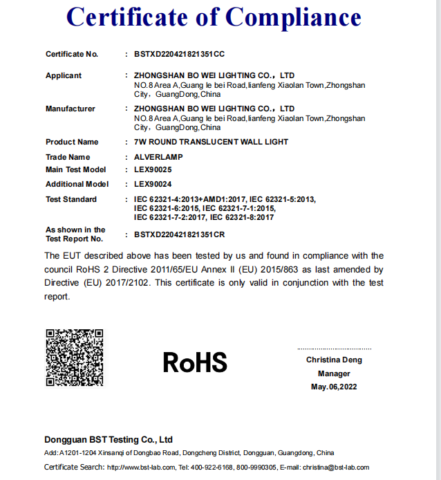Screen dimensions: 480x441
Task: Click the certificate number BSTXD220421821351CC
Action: pyautogui.click(x=180, y=54)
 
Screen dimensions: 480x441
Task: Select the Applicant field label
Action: pyautogui.click(x=64, y=75)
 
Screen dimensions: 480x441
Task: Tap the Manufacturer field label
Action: pyautogui.click(x=71, y=109)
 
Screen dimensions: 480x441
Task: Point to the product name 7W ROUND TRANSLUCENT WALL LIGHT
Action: pyautogui.click(x=211, y=142)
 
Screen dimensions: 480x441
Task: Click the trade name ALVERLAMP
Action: pyautogui.click(x=158, y=157)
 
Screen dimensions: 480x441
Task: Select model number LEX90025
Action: pyautogui.click(x=153, y=169)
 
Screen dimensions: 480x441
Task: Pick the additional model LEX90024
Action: pyautogui.click(x=153, y=184)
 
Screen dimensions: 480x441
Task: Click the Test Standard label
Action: pyautogui.click(x=71, y=199)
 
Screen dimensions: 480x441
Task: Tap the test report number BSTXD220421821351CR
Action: pyautogui.click(x=180, y=235)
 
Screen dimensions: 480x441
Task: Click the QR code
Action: pyautogui.click(x=75, y=358)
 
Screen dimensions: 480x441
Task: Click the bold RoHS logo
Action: pyautogui.click(x=195, y=362)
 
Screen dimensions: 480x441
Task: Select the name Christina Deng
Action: pyautogui.click(x=334, y=360)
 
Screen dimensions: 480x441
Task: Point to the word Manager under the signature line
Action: pyautogui.click(x=334, y=373)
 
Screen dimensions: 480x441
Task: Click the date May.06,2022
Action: pyautogui.click(x=334, y=387)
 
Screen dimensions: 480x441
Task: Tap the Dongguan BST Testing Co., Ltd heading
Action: pyautogui.click(x=109, y=440)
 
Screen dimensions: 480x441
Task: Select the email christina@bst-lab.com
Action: pyautogui.click(x=336, y=468)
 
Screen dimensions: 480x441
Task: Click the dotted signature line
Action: pyautogui.click(x=334, y=349)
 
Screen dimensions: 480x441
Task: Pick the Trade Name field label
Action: pyautogui.click(x=68, y=157)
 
